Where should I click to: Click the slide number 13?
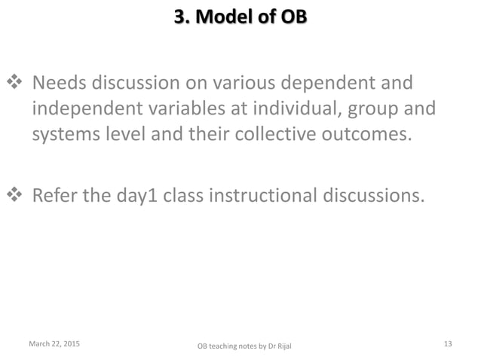pos(448,344)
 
